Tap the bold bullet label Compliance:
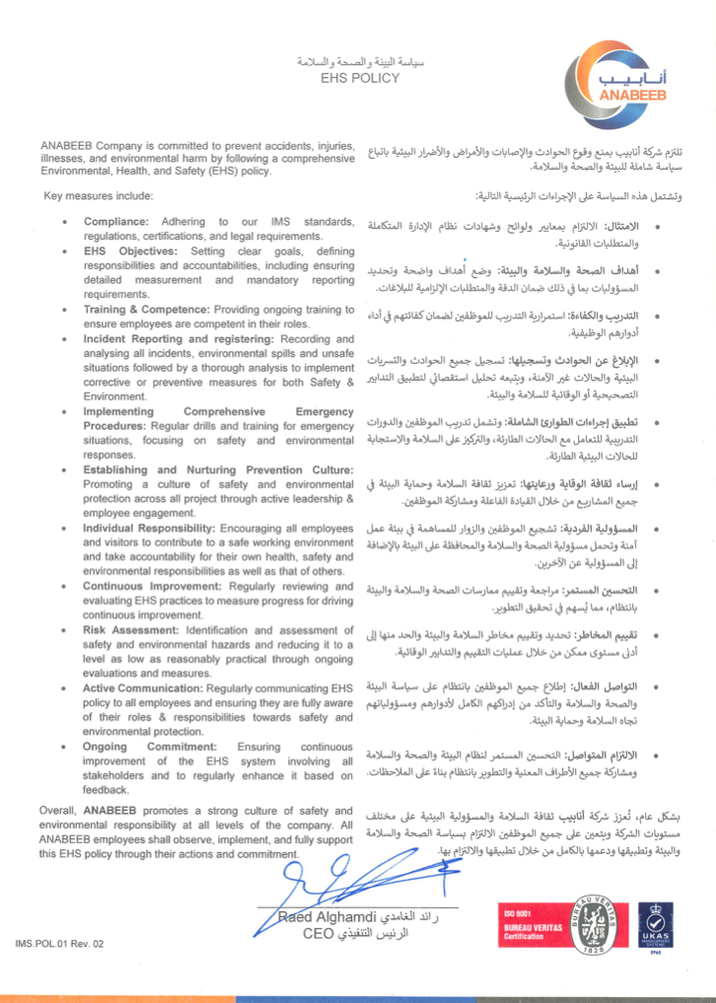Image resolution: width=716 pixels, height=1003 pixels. click(116, 222)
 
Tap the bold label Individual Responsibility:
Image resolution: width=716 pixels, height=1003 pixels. click(149, 529)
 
